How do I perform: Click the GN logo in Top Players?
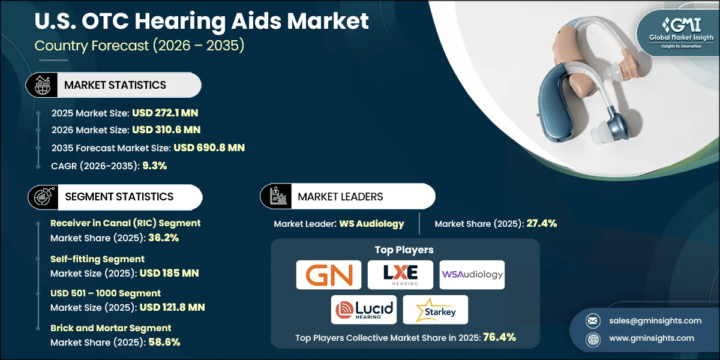329,275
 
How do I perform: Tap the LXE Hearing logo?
400,275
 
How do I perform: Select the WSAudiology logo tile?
472,275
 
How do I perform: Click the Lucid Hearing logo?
364,310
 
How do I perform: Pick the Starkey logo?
435,310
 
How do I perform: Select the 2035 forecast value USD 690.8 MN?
209,148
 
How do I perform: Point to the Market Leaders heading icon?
276,196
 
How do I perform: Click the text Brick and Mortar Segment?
110,328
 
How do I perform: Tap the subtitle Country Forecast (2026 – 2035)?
139,46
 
